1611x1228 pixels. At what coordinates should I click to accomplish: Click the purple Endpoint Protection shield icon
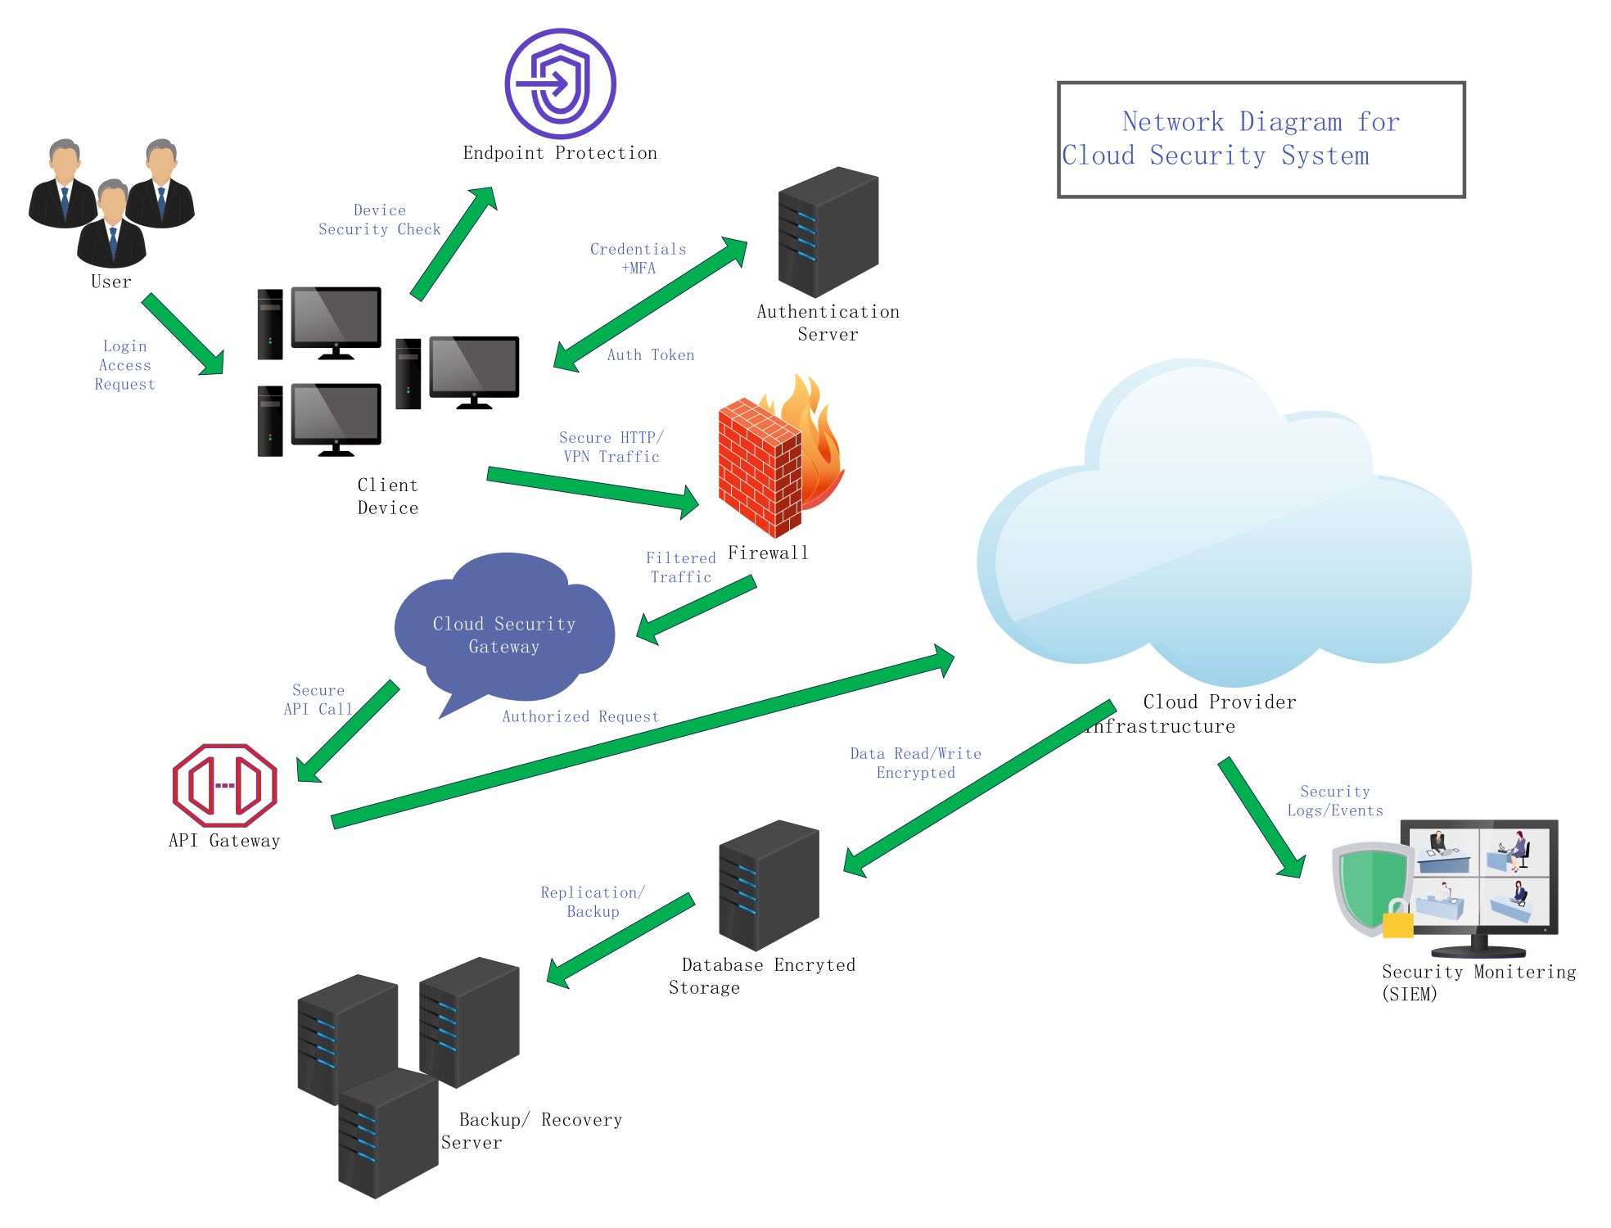[560, 84]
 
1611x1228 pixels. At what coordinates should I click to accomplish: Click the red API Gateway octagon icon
[224, 785]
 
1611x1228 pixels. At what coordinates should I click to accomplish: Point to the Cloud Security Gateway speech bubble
[504, 626]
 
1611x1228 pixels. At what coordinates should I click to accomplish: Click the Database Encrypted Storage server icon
[769, 885]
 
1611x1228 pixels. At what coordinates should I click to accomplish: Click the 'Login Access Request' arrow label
[124, 365]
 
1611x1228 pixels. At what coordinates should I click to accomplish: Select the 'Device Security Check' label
[379, 219]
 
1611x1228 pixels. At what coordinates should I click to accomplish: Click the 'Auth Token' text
[651, 354]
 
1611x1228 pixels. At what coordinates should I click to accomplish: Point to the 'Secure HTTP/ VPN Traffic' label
[611, 447]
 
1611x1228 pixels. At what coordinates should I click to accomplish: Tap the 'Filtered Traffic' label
[680, 567]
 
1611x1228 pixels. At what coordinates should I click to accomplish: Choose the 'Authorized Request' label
[580, 716]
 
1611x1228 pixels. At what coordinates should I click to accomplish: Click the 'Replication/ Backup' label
[593, 901]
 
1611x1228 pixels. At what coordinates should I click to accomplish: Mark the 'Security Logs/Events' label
[1335, 801]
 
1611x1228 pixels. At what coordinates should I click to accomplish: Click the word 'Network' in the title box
[1172, 122]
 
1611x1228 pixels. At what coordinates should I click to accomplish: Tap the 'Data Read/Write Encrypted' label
[915, 762]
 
